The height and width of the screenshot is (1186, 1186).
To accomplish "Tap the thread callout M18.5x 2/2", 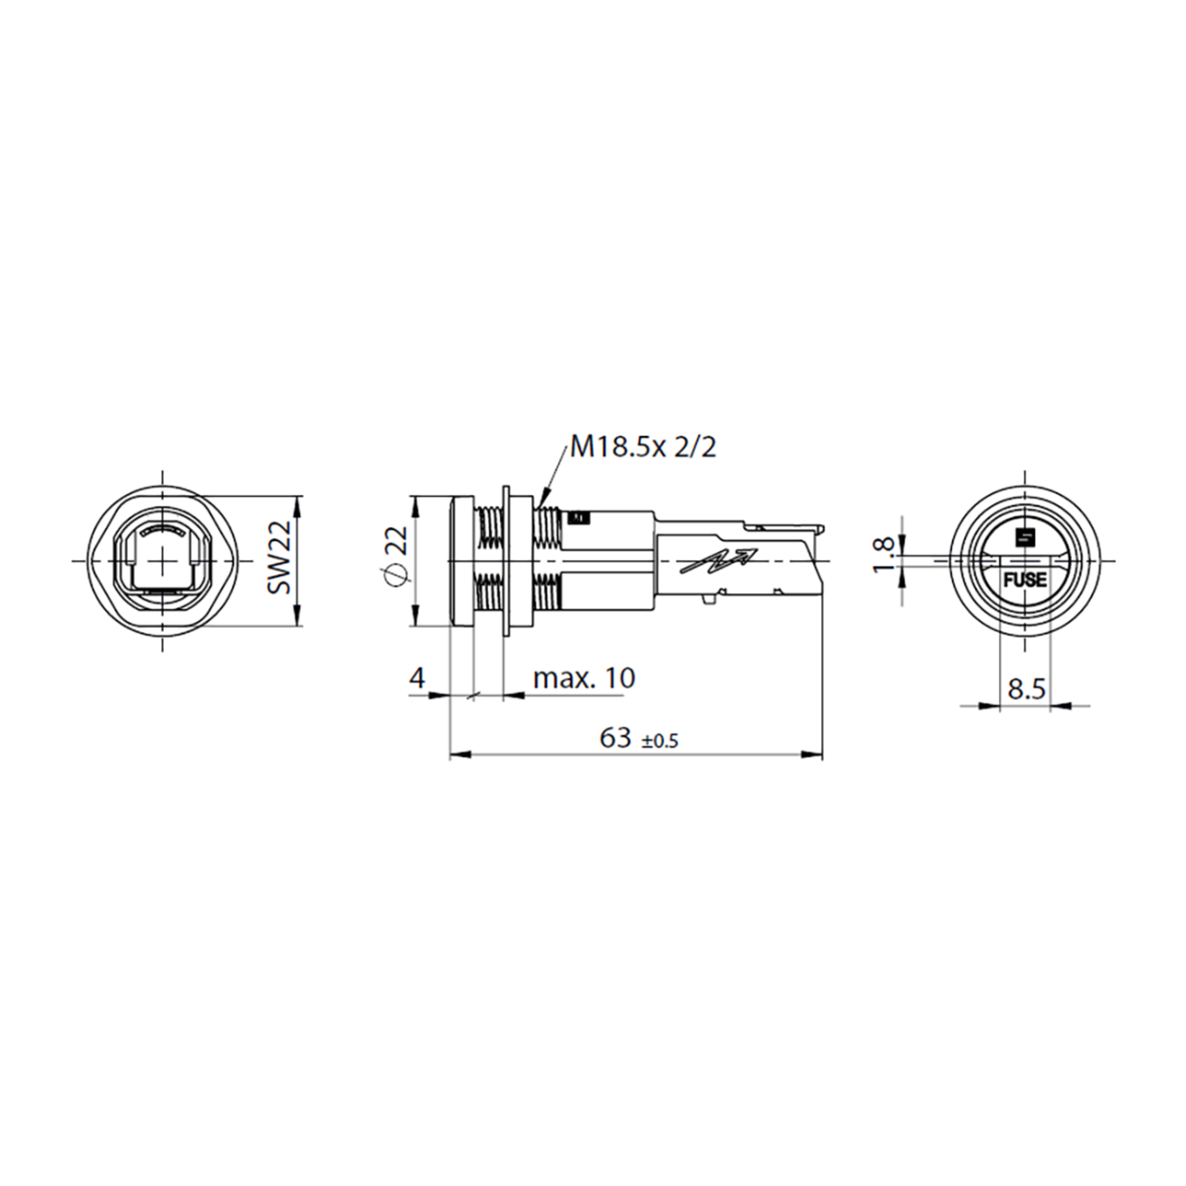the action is pos(643,448).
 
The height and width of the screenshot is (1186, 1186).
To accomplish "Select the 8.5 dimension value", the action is pos(1026,689).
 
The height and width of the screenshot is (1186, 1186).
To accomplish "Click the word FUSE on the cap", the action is pos(1024,580).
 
